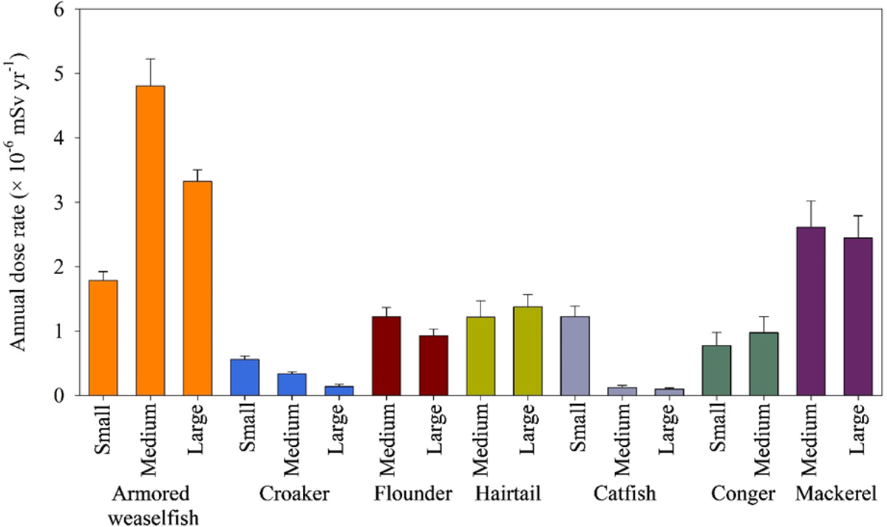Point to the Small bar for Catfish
(575, 355)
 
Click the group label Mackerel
(836, 494)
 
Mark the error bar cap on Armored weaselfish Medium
(150, 58)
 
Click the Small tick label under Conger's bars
(718, 429)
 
